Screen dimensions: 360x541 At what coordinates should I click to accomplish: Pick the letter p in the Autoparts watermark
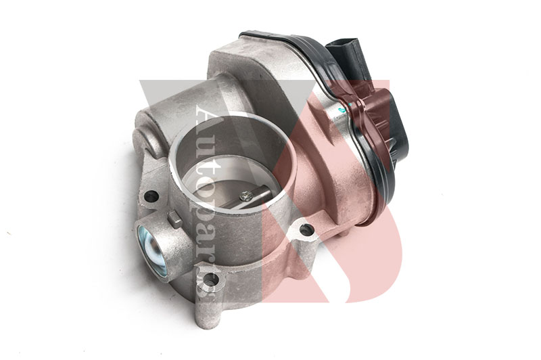[201, 204]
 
